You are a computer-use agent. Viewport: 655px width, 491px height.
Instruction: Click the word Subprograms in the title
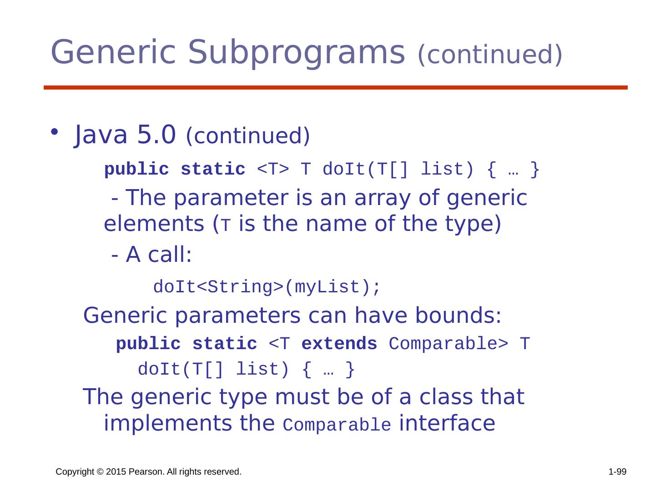(296, 52)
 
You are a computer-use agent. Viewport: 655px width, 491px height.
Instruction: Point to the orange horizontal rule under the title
(335, 87)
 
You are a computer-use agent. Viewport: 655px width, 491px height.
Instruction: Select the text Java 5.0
(125, 135)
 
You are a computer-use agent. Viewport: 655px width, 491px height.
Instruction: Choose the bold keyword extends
(339, 344)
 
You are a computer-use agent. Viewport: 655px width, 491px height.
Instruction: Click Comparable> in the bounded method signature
(448, 344)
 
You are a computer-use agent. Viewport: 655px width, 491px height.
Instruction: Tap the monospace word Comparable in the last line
(337, 426)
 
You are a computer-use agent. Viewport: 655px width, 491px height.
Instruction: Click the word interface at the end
(447, 423)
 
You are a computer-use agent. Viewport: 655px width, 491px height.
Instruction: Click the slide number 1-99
(617, 472)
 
